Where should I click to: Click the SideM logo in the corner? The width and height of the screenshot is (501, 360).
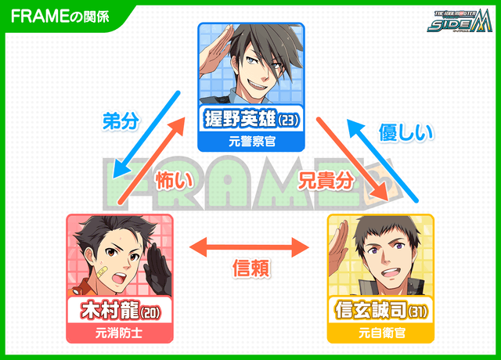461,20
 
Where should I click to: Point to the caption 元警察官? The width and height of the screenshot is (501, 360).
250,142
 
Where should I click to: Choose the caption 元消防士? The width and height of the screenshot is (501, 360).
119,333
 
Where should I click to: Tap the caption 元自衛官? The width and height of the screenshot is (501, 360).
380,333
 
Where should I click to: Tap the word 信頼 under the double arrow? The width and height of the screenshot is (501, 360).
251,269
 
